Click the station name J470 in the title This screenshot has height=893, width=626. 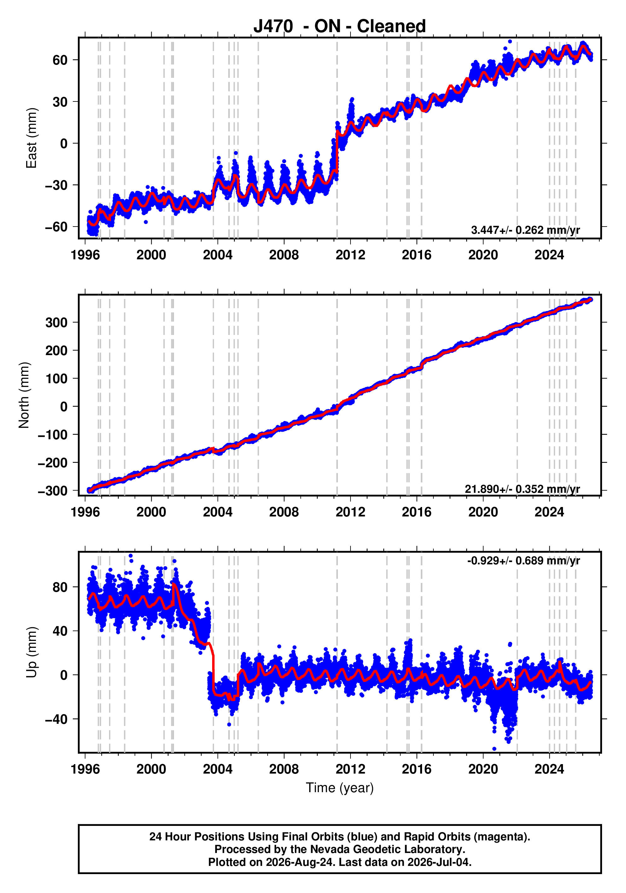pyautogui.click(x=273, y=26)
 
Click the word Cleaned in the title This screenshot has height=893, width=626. pyautogui.click(x=391, y=26)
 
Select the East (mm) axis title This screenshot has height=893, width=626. pyautogui.click(x=32, y=138)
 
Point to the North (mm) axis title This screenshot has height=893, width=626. pyautogui.click(x=24, y=395)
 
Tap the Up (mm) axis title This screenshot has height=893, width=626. pyautogui.click(x=32, y=652)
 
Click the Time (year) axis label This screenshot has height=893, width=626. pyautogui.click(x=340, y=787)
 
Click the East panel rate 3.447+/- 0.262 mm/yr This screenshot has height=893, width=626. pyautogui.click(x=525, y=230)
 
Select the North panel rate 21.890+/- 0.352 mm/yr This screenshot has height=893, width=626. pyautogui.click(x=522, y=489)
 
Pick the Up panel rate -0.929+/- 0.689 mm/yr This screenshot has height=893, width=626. pyautogui.click(x=524, y=561)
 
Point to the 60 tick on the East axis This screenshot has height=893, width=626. pyautogui.click(x=60, y=60)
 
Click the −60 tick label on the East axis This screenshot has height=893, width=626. pyautogui.click(x=56, y=227)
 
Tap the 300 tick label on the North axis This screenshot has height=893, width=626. pyautogui.click(x=56, y=322)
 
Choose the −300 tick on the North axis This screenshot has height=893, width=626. pyautogui.click(x=53, y=491)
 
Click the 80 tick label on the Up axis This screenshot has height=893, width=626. pyautogui.click(x=60, y=587)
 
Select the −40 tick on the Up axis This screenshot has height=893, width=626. pyautogui.click(x=56, y=719)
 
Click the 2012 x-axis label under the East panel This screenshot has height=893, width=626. pyautogui.click(x=350, y=255)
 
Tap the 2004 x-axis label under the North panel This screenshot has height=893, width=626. pyautogui.click(x=217, y=512)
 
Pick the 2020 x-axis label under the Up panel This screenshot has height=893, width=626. pyautogui.click(x=483, y=769)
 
